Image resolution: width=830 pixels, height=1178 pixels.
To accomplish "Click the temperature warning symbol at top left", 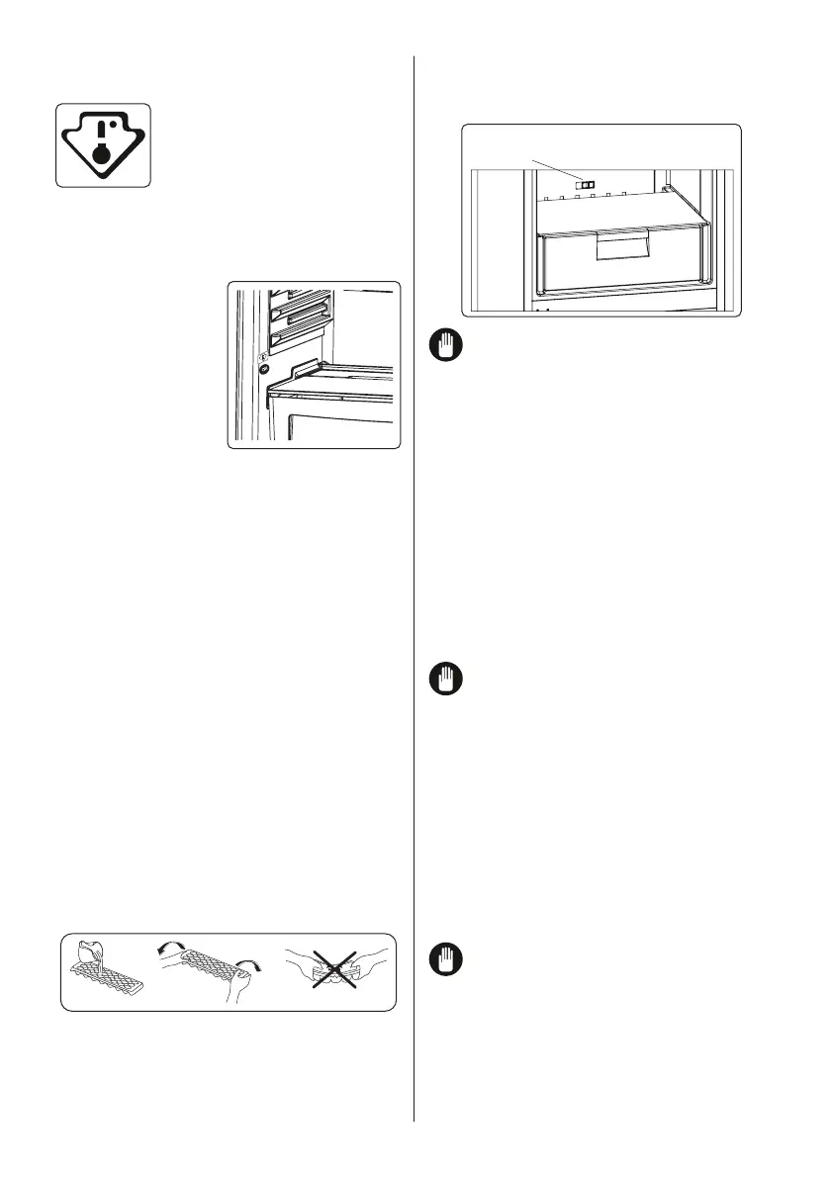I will [x=103, y=145].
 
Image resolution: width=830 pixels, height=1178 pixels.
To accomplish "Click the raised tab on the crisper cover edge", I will [x=304, y=367].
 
